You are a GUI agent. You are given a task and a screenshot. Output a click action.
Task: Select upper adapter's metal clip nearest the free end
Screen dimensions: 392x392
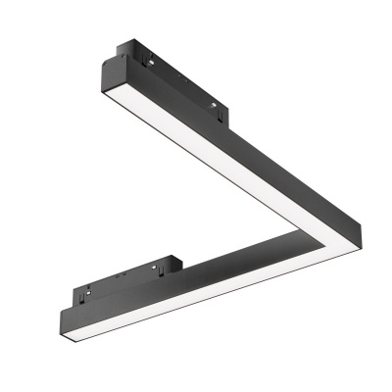pyautogui.click(x=149, y=58)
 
